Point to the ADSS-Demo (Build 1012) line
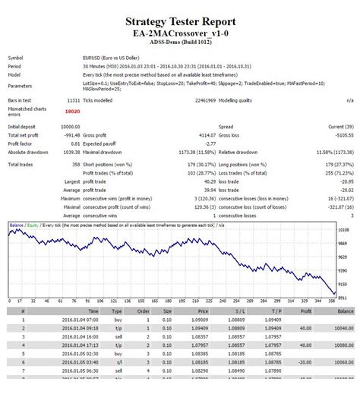(179, 43)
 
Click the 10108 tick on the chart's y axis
(343, 229)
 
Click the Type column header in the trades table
(116, 311)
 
